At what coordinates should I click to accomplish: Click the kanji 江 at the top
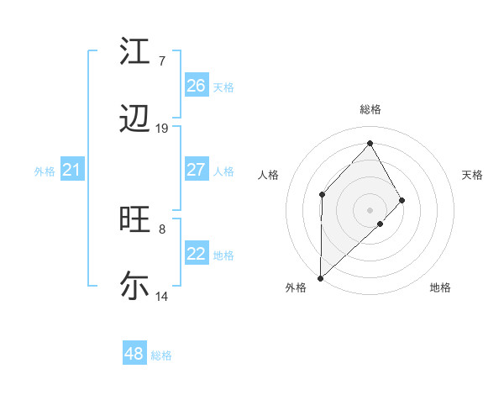click(x=135, y=52)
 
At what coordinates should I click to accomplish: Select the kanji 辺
click(x=135, y=119)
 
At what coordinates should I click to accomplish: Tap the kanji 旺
click(x=135, y=219)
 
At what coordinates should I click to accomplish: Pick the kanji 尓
click(x=135, y=286)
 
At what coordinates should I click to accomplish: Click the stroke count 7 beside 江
click(x=162, y=61)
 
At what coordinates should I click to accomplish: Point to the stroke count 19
click(x=162, y=128)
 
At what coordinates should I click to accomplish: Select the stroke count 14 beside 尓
click(x=162, y=295)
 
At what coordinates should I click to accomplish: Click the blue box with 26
click(x=196, y=86)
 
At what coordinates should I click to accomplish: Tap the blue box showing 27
click(x=196, y=170)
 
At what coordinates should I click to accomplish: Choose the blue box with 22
click(x=196, y=254)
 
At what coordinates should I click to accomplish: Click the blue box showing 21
click(x=71, y=171)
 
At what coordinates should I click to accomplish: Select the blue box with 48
click(x=134, y=354)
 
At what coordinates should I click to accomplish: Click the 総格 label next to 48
click(x=161, y=355)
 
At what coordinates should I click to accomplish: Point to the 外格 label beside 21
click(x=45, y=171)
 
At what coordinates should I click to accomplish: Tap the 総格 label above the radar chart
click(x=370, y=109)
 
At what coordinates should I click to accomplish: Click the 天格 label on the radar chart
click(x=472, y=175)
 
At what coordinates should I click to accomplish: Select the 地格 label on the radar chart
click(x=440, y=287)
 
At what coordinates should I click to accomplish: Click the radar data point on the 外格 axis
click(x=320, y=277)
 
